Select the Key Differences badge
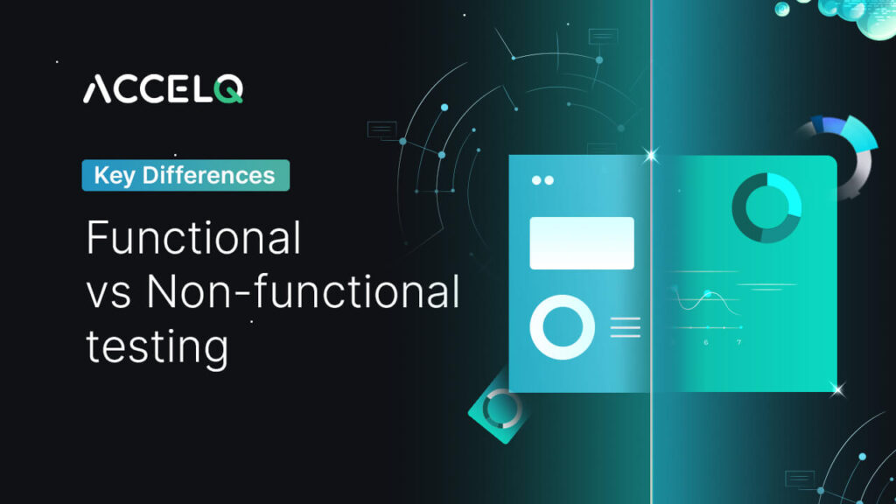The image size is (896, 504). point(185,175)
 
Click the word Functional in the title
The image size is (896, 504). point(193,238)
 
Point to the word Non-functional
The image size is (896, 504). point(303,292)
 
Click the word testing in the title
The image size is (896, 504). point(157,346)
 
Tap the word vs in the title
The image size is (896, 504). point(108,294)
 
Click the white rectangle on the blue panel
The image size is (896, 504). point(582,242)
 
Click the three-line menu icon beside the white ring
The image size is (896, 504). point(625,327)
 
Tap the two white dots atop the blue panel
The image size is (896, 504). point(542,180)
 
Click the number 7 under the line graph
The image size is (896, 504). point(738,342)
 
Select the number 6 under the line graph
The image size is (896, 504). point(706,342)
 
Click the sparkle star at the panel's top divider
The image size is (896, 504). point(650,156)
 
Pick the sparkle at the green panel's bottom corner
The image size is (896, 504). point(836,388)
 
